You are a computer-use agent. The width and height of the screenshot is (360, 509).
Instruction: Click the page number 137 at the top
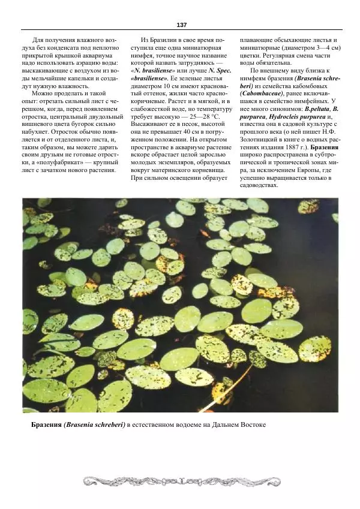click(182, 25)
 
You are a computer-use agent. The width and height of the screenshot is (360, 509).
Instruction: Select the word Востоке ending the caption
click(250, 424)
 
